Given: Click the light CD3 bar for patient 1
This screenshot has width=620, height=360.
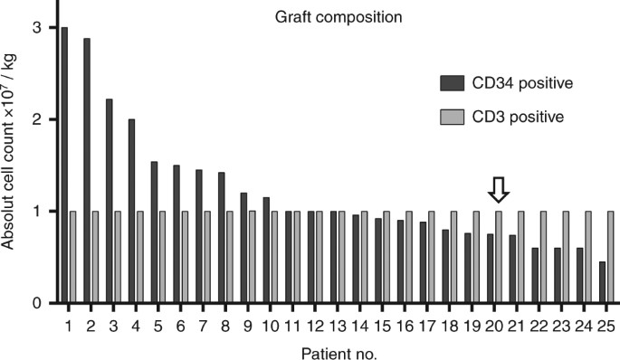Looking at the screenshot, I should [73, 257].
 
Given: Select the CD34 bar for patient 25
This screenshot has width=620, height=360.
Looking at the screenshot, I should [602, 282].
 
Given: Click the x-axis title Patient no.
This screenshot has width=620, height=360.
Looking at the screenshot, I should [336, 347].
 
